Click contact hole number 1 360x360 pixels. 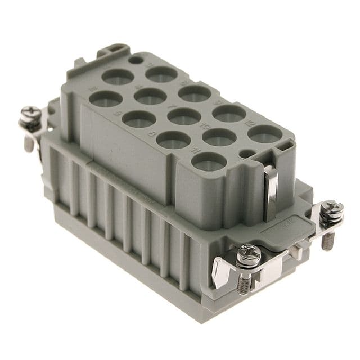coord(118,76)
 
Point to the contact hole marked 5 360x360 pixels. coord(138,119)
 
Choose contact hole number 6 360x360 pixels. coord(195,93)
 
